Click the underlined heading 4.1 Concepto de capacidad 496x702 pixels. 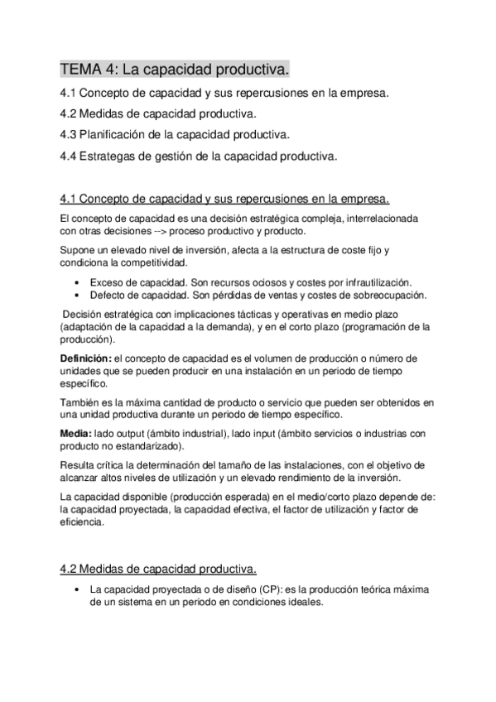point(225,199)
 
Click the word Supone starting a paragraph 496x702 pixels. point(77,249)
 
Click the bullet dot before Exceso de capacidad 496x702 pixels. point(76,282)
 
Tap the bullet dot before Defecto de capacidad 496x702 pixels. point(76,295)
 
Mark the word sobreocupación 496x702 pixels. point(388,295)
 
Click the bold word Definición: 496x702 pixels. point(87,358)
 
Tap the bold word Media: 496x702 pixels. point(76,434)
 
